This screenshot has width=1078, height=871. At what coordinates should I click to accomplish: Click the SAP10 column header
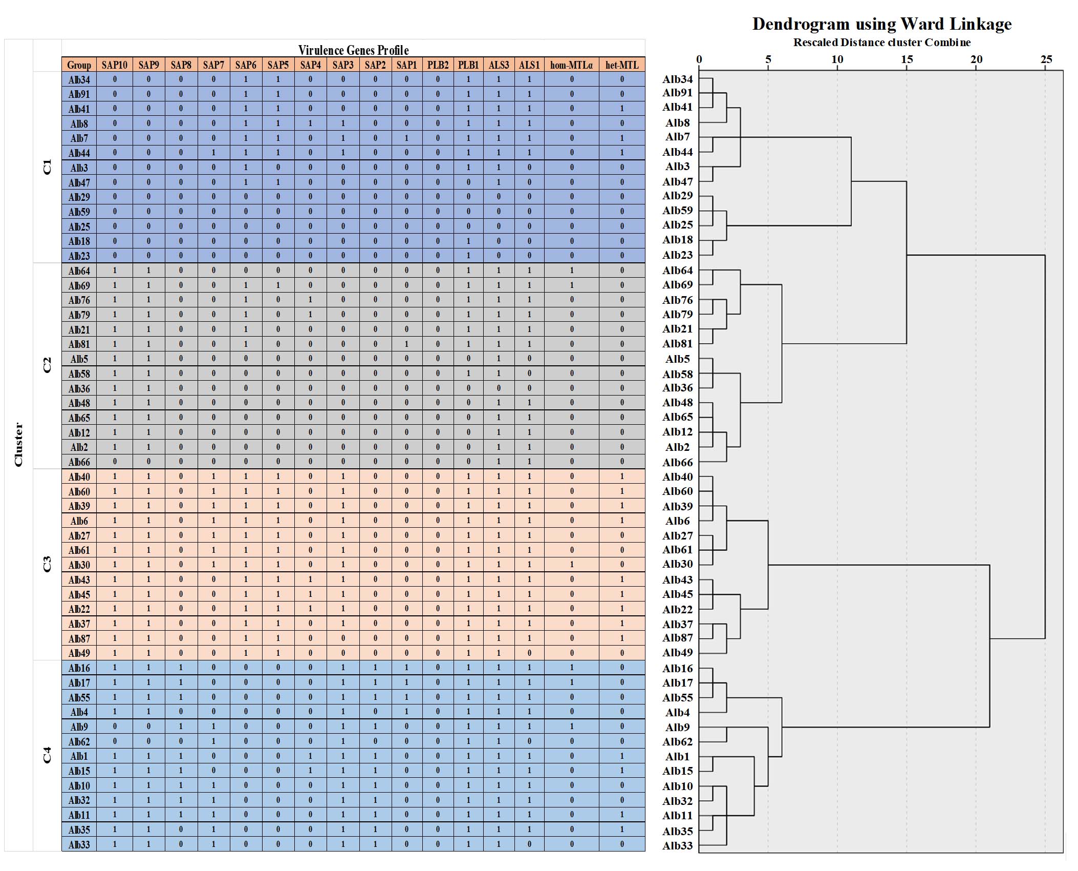pyautogui.click(x=114, y=65)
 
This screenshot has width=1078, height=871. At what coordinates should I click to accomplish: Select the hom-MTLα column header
pyautogui.click(x=571, y=65)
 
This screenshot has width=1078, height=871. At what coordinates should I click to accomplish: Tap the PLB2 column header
pyautogui.click(x=438, y=65)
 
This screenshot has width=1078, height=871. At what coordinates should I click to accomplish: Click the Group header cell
pyautogui.click(x=79, y=65)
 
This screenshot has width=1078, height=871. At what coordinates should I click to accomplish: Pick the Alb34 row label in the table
pyautogui.click(x=79, y=79)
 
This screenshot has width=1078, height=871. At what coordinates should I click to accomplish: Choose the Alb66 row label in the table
pyautogui.click(x=79, y=462)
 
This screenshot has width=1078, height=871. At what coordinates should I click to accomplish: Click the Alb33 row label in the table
pyautogui.click(x=79, y=844)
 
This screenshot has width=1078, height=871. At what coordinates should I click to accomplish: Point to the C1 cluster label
pyautogui.click(x=47, y=167)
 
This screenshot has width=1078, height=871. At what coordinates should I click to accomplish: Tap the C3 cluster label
pyautogui.click(x=47, y=564)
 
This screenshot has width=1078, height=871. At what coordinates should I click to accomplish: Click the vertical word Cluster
pyautogui.click(x=18, y=444)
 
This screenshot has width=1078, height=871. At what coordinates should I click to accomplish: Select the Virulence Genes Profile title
pyautogui.click(x=353, y=50)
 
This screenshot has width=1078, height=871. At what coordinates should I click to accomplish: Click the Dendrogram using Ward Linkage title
pyautogui.click(x=881, y=24)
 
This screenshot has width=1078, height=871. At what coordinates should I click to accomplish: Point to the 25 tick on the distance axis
pyautogui.click(x=1046, y=59)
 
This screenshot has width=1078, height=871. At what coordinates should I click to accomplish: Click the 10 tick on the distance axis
pyautogui.click(x=837, y=59)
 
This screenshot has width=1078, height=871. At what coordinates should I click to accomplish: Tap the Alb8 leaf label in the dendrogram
pyautogui.click(x=677, y=123)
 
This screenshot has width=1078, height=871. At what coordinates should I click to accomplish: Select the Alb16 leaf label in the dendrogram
pyautogui.click(x=677, y=668)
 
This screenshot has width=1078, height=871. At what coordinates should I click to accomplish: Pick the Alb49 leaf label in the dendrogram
pyautogui.click(x=677, y=652)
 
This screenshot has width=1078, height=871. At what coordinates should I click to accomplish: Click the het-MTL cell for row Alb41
pyautogui.click(x=622, y=109)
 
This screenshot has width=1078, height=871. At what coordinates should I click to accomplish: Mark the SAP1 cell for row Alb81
pyautogui.click(x=406, y=344)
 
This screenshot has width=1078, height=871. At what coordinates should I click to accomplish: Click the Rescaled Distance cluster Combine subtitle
pyautogui.click(x=881, y=43)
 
